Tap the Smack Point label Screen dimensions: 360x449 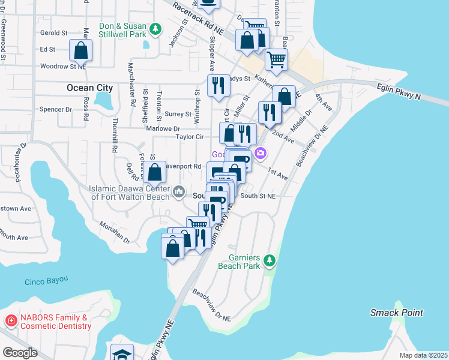[x=397, y=313]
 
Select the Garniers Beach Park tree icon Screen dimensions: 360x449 [x=270, y=259]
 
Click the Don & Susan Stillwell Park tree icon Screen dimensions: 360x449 [x=155, y=29]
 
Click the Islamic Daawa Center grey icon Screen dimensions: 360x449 [x=178, y=192]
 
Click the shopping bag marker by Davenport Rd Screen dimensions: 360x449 [x=155, y=172]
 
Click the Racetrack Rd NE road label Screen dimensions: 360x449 [x=197, y=16]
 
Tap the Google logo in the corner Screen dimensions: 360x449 [x=20, y=352]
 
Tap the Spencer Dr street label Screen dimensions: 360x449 [x=55, y=110]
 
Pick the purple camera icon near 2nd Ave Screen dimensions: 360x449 [x=260, y=154]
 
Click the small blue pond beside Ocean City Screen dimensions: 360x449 [x=104, y=100]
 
